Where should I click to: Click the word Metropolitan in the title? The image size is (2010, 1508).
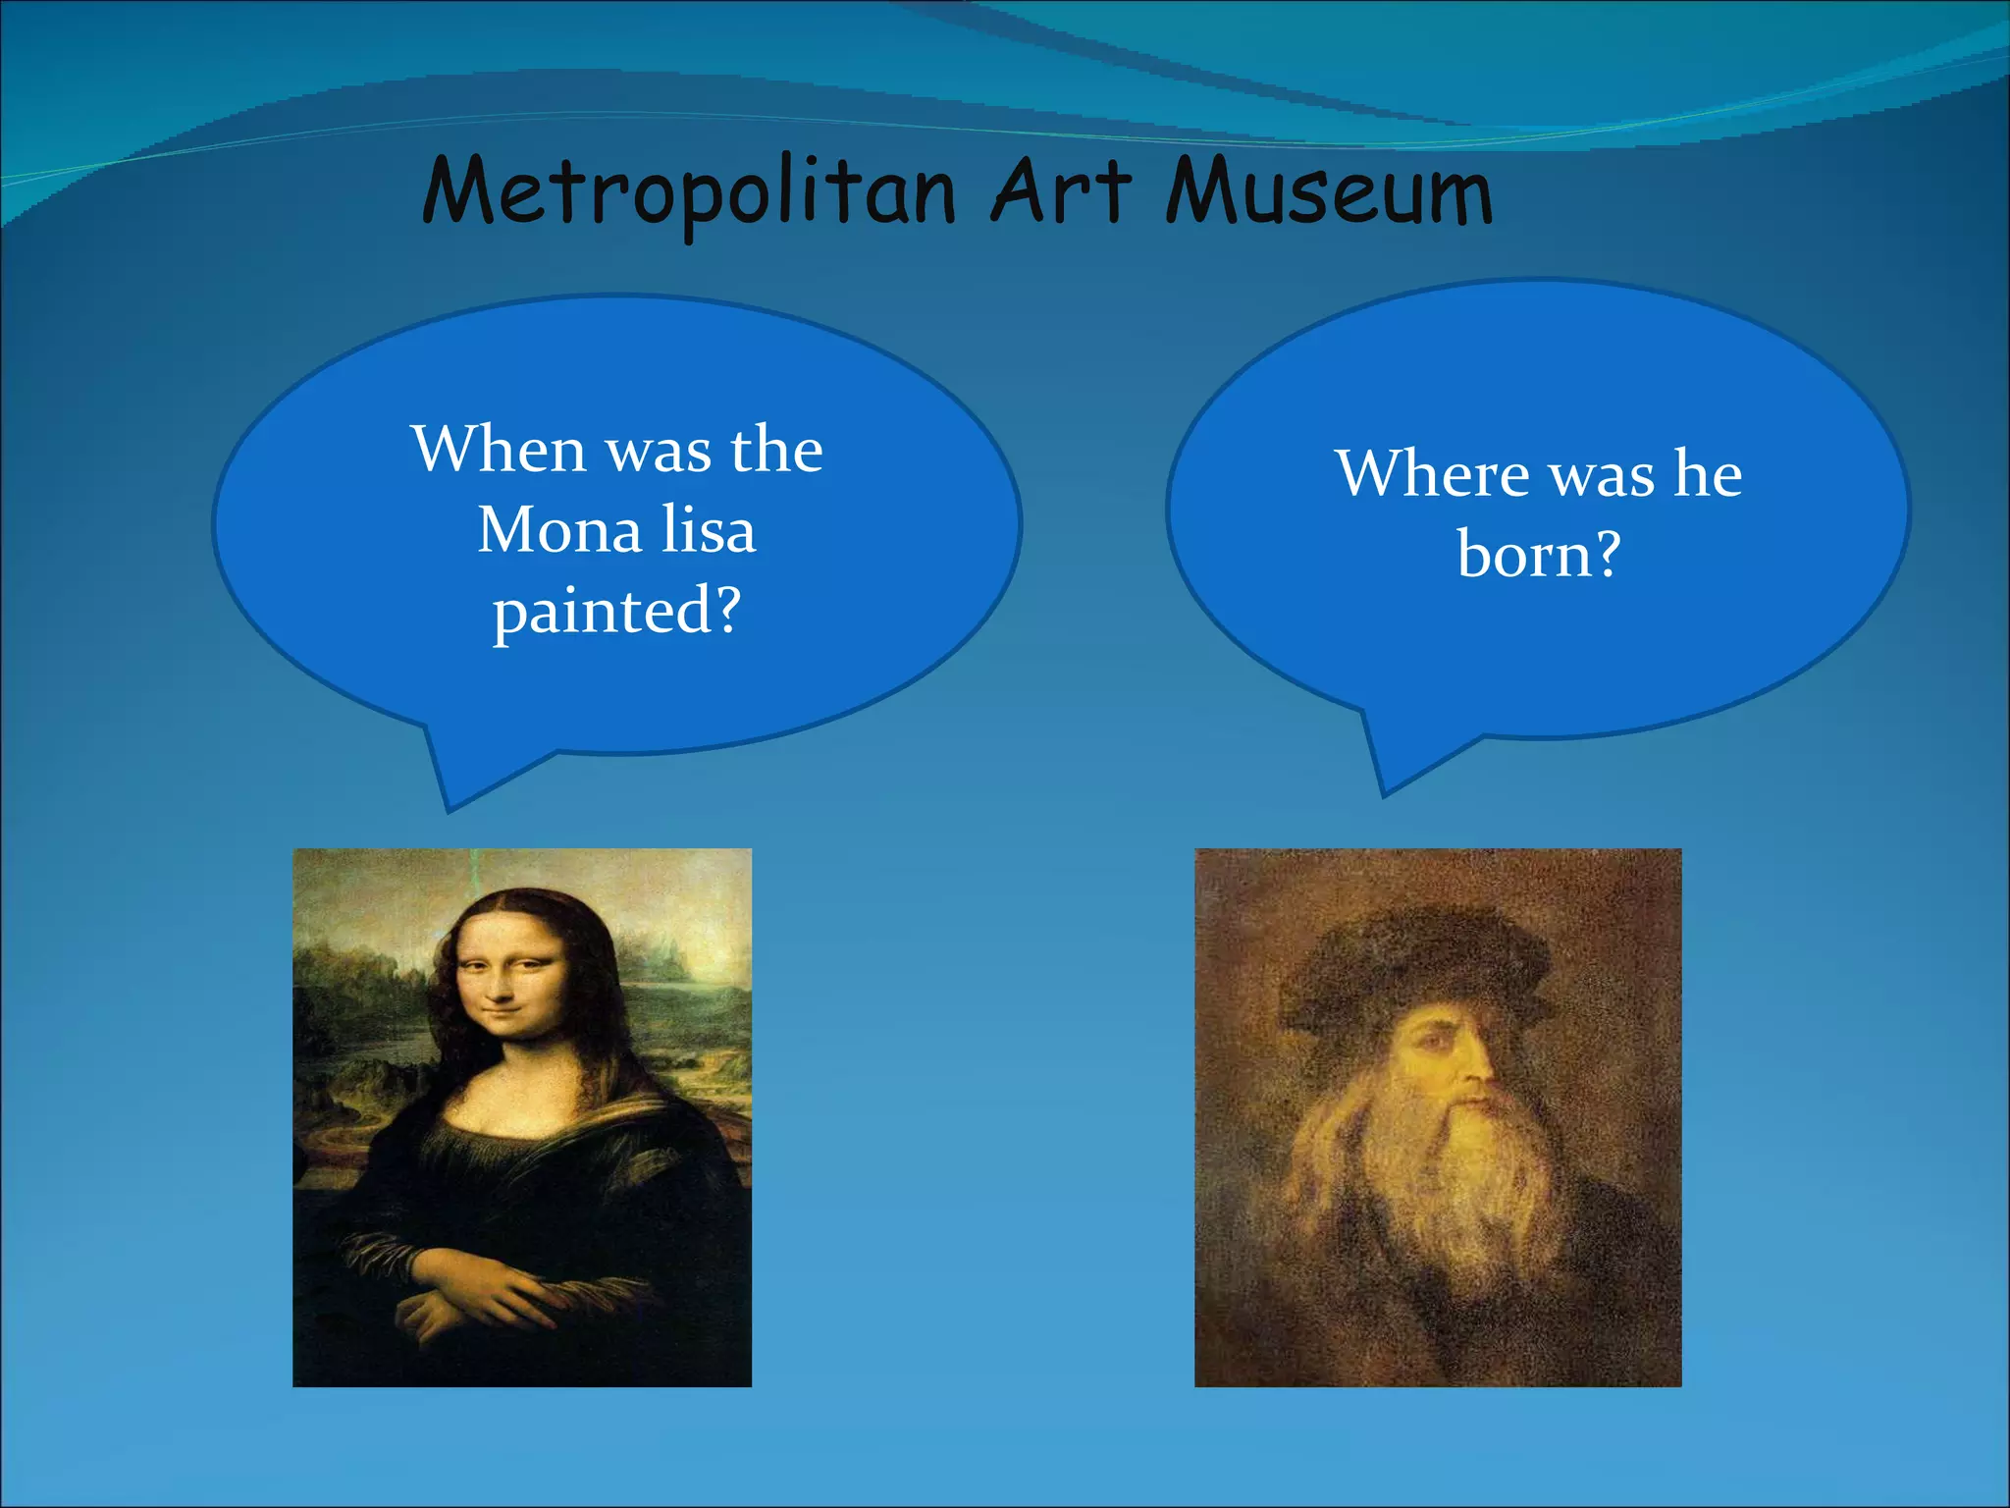pyautogui.click(x=689, y=191)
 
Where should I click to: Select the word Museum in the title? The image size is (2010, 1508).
pyautogui.click(x=1330, y=191)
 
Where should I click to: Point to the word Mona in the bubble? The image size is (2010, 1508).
pyautogui.click(x=559, y=530)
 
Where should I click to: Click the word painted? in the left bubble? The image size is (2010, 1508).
pyautogui.click(x=616, y=612)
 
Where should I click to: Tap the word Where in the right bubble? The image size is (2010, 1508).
pyautogui.click(x=1432, y=473)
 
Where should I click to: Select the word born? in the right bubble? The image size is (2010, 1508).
pyautogui.click(x=1538, y=555)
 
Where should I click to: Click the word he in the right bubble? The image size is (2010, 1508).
pyautogui.click(x=1708, y=473)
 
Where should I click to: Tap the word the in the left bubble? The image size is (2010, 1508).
pyautogui.click(x=776, y=449)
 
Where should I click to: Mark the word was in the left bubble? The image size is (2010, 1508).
pyautogui.click(x=658, y=451)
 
